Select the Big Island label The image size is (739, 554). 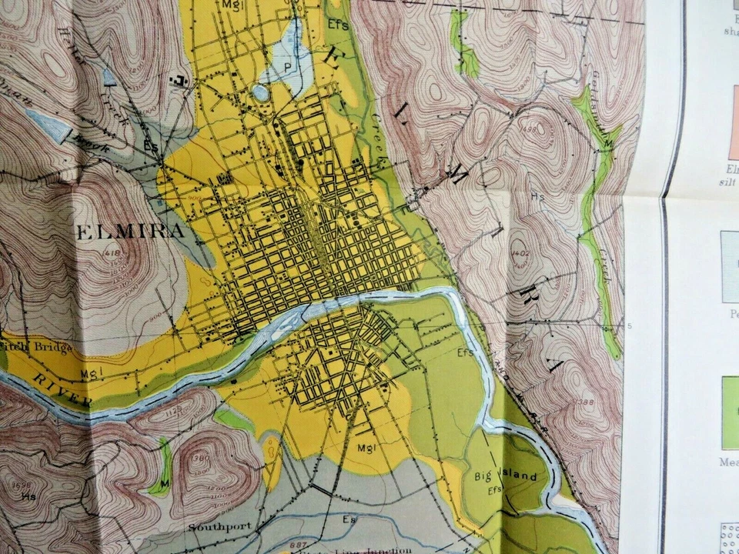click(511, 477)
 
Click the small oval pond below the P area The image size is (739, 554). click(261, 93)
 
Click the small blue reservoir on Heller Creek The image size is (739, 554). click(109, 77)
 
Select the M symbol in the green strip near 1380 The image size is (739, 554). click(162, 483)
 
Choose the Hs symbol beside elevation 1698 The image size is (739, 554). click(28, 496)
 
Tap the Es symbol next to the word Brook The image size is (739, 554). click(151, 144)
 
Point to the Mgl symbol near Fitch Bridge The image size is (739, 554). click(90, 374)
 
